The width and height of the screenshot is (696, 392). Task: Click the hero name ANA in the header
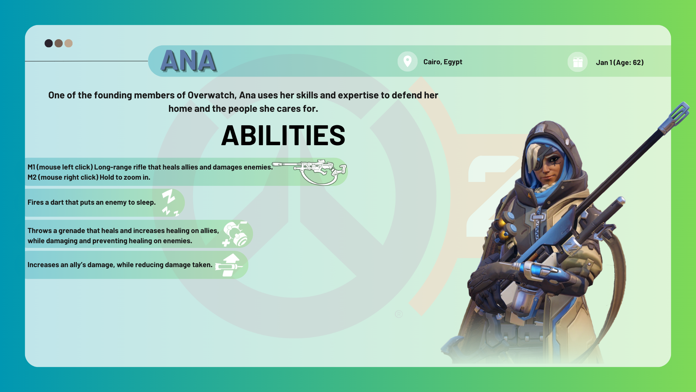click(x=188, y=61)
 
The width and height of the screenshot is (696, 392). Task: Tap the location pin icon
click(x=407, y=61)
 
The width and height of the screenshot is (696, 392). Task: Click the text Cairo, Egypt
click(x=443, y=62)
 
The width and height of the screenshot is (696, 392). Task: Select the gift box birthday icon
click(x=578, y=62)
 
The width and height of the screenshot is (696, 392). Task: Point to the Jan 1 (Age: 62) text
click(x=620, y=62)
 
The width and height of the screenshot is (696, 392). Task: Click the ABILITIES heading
click(x=283, y=135)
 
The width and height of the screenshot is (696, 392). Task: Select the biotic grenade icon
click(x=235, y=234)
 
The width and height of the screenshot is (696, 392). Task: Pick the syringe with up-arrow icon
click(x=229, y=265)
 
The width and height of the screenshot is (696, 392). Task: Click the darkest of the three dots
click(x=49, y=44)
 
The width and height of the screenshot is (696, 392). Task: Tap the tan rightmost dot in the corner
click(x=69, y=44)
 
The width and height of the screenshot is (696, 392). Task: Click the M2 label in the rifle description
click(x=32, y=177)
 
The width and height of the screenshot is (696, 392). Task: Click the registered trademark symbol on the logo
click(x=399, y=314)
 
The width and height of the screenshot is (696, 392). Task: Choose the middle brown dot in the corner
click(x=59, y=44)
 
